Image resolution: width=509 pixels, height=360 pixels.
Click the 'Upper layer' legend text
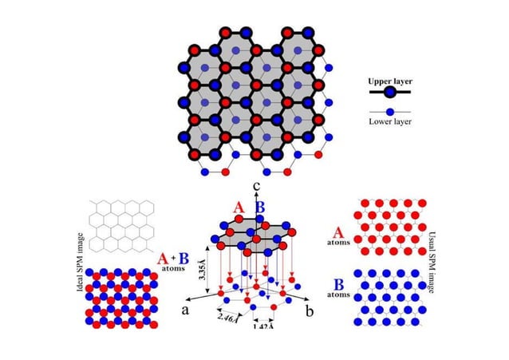pos(390,81)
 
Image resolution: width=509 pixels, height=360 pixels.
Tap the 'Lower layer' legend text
pos(390,121)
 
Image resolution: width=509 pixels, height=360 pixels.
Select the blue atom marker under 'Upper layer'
pos(390,93)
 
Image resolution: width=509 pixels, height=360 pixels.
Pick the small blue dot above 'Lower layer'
pos(390,112)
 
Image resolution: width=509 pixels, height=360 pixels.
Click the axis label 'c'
pos(257,186)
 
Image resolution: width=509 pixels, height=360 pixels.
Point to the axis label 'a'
pos(185,311)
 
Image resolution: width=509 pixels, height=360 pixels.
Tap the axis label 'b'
pos(310,311)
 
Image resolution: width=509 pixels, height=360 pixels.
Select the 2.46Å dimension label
pos(228,318)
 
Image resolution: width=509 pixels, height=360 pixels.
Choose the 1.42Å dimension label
pos(263,326)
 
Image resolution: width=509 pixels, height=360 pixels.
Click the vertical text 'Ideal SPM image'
pos(81,262)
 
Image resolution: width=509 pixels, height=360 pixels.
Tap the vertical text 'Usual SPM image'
pos(432,262)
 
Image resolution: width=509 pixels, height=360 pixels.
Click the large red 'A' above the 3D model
pos(239,208)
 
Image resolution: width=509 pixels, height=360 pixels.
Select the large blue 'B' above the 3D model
pos(260,208)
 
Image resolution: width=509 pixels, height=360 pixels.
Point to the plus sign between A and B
pos(173,258)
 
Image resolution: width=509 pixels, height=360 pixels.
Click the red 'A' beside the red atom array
pos(338,233)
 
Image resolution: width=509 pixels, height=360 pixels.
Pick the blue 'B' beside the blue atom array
pos(338,285)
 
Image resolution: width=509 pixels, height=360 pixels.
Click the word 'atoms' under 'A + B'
pos(173,268)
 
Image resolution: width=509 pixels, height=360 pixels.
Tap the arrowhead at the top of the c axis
pos(256,194)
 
